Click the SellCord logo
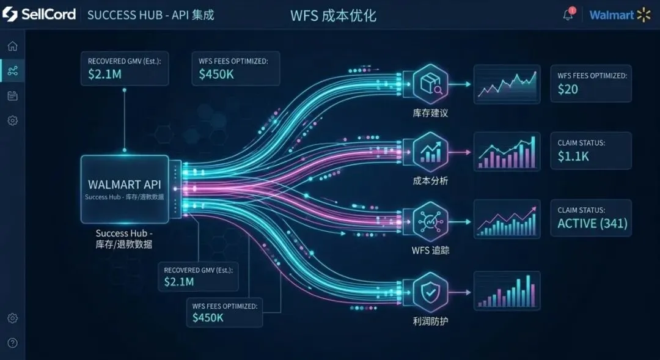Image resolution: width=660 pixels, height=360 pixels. tap(39, 14)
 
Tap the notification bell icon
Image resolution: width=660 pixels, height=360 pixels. tap(568, 15)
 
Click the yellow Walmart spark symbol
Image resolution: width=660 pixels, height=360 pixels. tap(643, 15)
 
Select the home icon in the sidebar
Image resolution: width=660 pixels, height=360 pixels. tap(12, 46)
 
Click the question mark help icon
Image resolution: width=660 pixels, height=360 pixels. tap(12, 343)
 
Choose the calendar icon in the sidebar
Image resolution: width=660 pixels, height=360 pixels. tap(12, 95)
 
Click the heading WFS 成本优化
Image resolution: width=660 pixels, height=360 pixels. tap(333, 15)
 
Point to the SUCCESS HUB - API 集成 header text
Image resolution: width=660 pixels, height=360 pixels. tap(150, 15)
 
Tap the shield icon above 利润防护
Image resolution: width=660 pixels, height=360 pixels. tap(430, 293)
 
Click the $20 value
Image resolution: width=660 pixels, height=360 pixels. tap(568, 89)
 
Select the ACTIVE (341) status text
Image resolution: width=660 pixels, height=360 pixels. tap(592, 223)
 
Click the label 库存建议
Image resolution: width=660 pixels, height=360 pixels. tap(430, 114)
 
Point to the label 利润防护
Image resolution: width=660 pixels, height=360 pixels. tap(430, 320)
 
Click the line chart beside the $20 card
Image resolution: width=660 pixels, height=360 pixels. tap(507, 85)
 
